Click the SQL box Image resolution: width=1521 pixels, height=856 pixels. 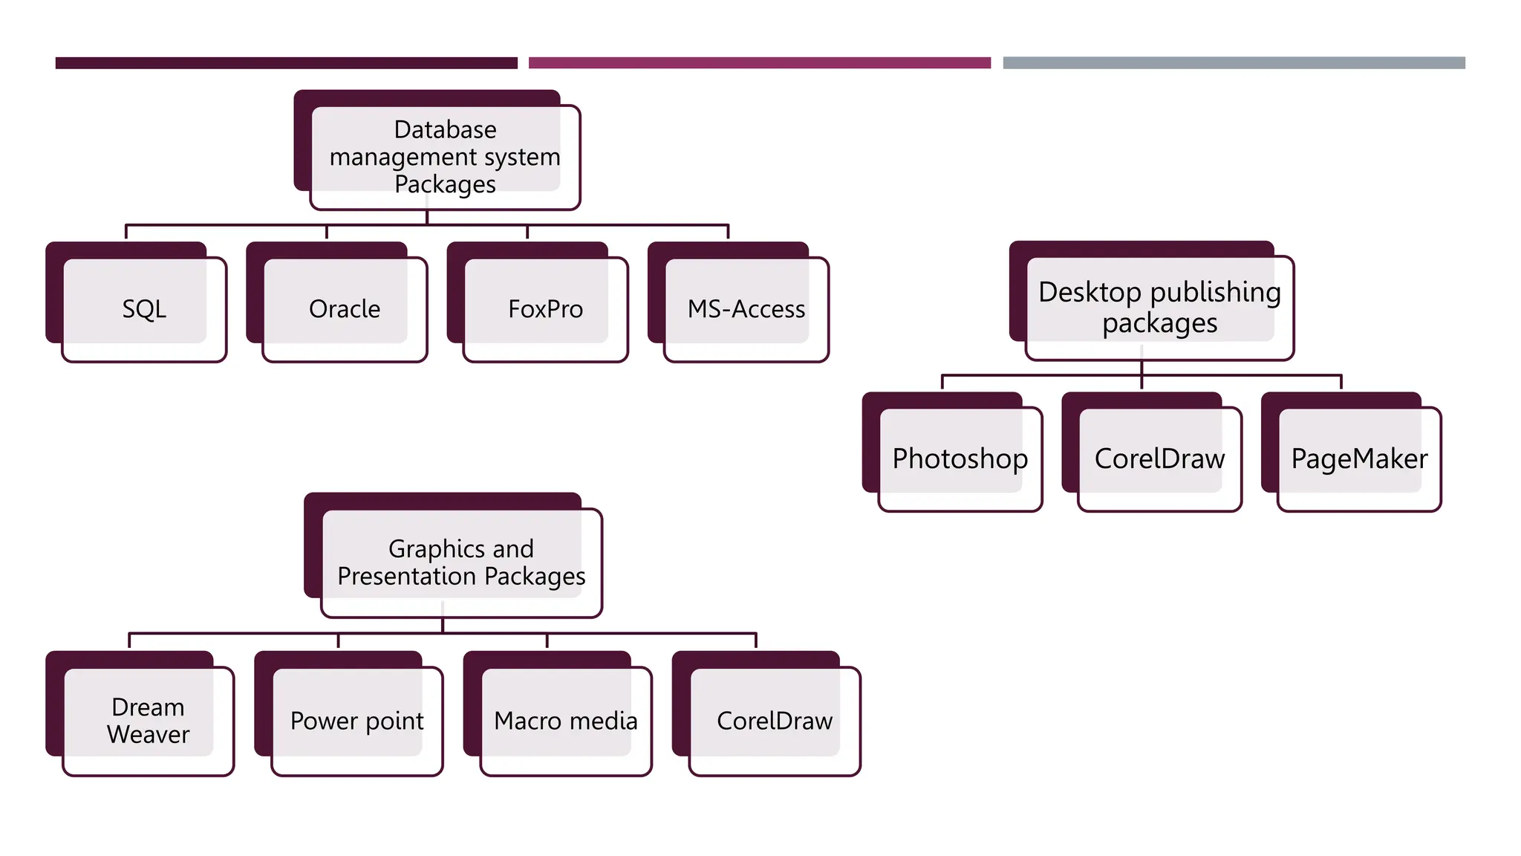(x=144, y=309)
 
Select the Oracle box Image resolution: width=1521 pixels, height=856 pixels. (x=345, y=309)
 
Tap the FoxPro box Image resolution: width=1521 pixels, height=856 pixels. (x=545, y=309)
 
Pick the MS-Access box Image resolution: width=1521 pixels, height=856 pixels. (x=746, y=309)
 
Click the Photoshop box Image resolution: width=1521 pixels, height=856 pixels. (x=960, y=458)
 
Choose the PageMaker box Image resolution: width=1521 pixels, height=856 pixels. (x=1359, y=458)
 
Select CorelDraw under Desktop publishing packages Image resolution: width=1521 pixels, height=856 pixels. (x=1159, y=458)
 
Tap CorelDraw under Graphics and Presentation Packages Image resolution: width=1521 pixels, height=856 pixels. (x=774, y=721)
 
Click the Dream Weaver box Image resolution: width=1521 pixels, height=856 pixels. (x=148, y=721)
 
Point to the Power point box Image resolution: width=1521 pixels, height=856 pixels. (x=356, y=721)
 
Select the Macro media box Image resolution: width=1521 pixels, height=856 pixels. (x=565, y=721)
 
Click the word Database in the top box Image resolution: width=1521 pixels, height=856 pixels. (x=445, y=130)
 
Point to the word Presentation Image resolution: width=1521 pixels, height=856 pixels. (x=406, y=577)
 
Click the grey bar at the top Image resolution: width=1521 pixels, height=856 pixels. (x=1234, y=63)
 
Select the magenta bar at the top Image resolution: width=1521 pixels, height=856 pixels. (x=759, y=63)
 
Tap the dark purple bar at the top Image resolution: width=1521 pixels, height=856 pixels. (x=286, y=63)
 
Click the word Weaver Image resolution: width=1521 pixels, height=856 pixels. (x=148, y=735)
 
